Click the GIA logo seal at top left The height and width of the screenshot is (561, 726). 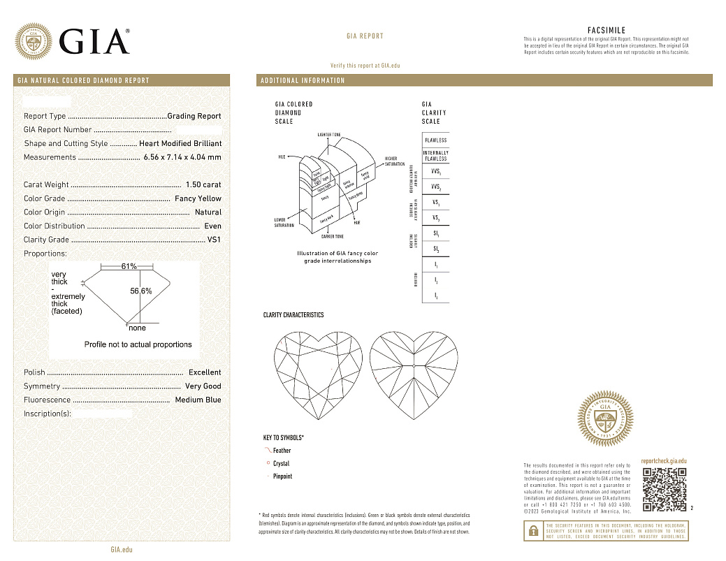tap(34, 41)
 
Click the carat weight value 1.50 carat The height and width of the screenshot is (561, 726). tap(203, 185)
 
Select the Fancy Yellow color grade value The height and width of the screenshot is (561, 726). tap(198, 199)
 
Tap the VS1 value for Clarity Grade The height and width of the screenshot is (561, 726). tap(214, 240)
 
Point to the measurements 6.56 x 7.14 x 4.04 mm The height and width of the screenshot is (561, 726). tap(182, 157)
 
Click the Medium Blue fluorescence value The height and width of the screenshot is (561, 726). tap(198, 400)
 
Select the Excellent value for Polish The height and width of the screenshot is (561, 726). tap(205, 372)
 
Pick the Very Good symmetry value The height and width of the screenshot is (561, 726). tap(203, 386)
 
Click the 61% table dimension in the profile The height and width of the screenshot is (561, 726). tap(129, 267)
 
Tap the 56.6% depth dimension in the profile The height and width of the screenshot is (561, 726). tap(141, 291)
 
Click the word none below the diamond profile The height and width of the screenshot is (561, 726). tap(138, 328)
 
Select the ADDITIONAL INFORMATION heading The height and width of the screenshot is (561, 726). tap(303, 81)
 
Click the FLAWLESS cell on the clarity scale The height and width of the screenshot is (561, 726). tap(435, 140)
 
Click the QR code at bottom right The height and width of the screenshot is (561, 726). tap(664, 489)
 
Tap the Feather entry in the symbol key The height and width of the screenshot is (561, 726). tap(282, 451)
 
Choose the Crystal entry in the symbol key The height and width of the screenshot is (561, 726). tap(281, 464)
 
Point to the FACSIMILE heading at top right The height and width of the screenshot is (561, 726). tap(607, 31)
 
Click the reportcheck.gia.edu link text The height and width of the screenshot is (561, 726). tap(663, 461)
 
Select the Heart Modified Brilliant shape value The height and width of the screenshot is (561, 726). tap(180, 144)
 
